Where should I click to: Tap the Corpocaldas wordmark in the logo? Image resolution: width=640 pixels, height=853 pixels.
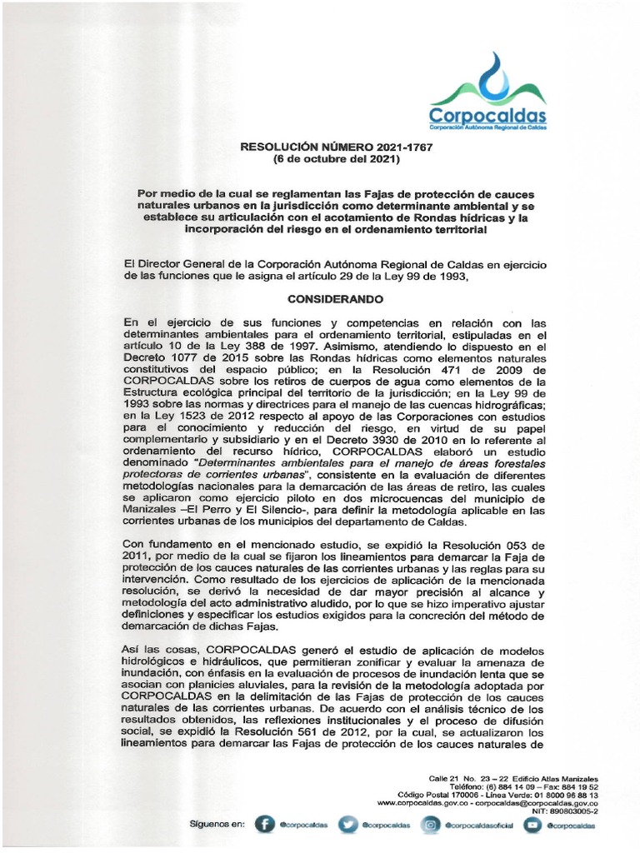coord(487,114)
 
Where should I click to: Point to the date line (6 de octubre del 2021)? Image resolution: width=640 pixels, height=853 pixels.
coord(337,158)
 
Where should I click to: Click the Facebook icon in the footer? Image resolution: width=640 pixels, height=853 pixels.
coord(263,825)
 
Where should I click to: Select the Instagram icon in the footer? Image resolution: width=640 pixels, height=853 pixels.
coord(432,825)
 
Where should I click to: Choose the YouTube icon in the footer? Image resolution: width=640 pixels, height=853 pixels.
coord(531,825)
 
